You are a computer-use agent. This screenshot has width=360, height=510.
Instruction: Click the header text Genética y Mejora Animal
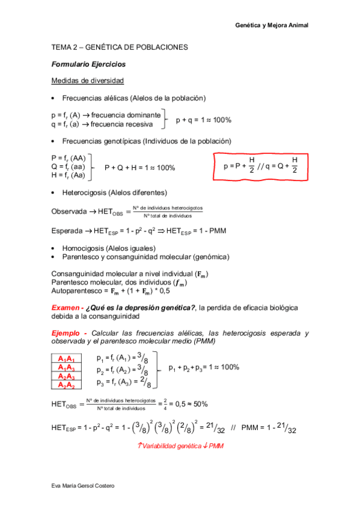click(271, 25)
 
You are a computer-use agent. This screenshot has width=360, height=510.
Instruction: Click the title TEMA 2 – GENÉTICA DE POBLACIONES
click(120, 47)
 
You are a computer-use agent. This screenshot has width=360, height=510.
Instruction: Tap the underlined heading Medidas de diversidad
click(87, 81)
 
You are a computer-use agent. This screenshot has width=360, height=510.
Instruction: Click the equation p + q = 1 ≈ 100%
click(203, 120)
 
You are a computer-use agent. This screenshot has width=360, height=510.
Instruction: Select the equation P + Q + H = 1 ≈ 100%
click(139, 168)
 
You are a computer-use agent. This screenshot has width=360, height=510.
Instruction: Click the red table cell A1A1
click(66, 359)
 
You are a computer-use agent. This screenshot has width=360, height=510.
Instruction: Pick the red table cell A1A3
click(66, 367)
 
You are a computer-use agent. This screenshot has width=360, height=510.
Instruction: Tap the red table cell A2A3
click(66, 376)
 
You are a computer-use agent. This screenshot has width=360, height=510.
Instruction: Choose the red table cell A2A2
click(66, 385)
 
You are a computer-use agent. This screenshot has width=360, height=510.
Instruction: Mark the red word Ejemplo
click(69, 333)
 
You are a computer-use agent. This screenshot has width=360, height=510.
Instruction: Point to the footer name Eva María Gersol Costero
click(83, 485)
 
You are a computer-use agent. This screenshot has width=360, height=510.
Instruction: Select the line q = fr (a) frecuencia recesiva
click(106, 124)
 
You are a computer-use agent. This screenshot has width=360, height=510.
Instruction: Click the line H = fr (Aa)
click(69, 176)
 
